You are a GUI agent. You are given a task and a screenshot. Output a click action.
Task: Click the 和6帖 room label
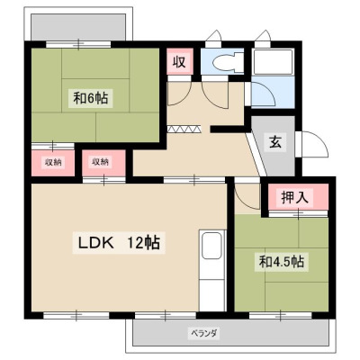click(91, 98)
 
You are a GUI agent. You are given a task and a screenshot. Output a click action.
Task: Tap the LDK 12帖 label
click(119, 243)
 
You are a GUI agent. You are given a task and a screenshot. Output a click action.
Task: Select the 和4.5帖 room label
click(282, 262)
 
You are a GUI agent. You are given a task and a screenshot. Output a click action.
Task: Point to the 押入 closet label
click(294, 197)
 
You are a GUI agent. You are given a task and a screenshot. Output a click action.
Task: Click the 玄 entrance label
click(275, 141)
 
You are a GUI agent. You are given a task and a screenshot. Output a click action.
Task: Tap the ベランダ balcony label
click(204, 333)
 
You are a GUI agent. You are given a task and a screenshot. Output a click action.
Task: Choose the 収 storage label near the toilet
click(179, 62)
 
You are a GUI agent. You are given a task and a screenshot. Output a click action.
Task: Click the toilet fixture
click(228, 62)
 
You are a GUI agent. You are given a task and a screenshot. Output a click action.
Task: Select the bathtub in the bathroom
click(273, 62)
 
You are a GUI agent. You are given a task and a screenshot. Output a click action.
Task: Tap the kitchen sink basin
click(212, 246)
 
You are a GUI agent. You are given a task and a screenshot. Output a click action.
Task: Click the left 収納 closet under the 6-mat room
click(53, 163)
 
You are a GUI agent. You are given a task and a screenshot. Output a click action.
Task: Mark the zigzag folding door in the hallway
click(184, 130)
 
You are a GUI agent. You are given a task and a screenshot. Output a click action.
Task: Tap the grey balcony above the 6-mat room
click(78, 27)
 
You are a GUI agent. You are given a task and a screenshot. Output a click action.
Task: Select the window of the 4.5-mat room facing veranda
click(281, 315)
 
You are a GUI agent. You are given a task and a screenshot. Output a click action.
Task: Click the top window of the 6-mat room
click(78, 44)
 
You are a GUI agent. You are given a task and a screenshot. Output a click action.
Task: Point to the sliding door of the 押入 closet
click(298, 213)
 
